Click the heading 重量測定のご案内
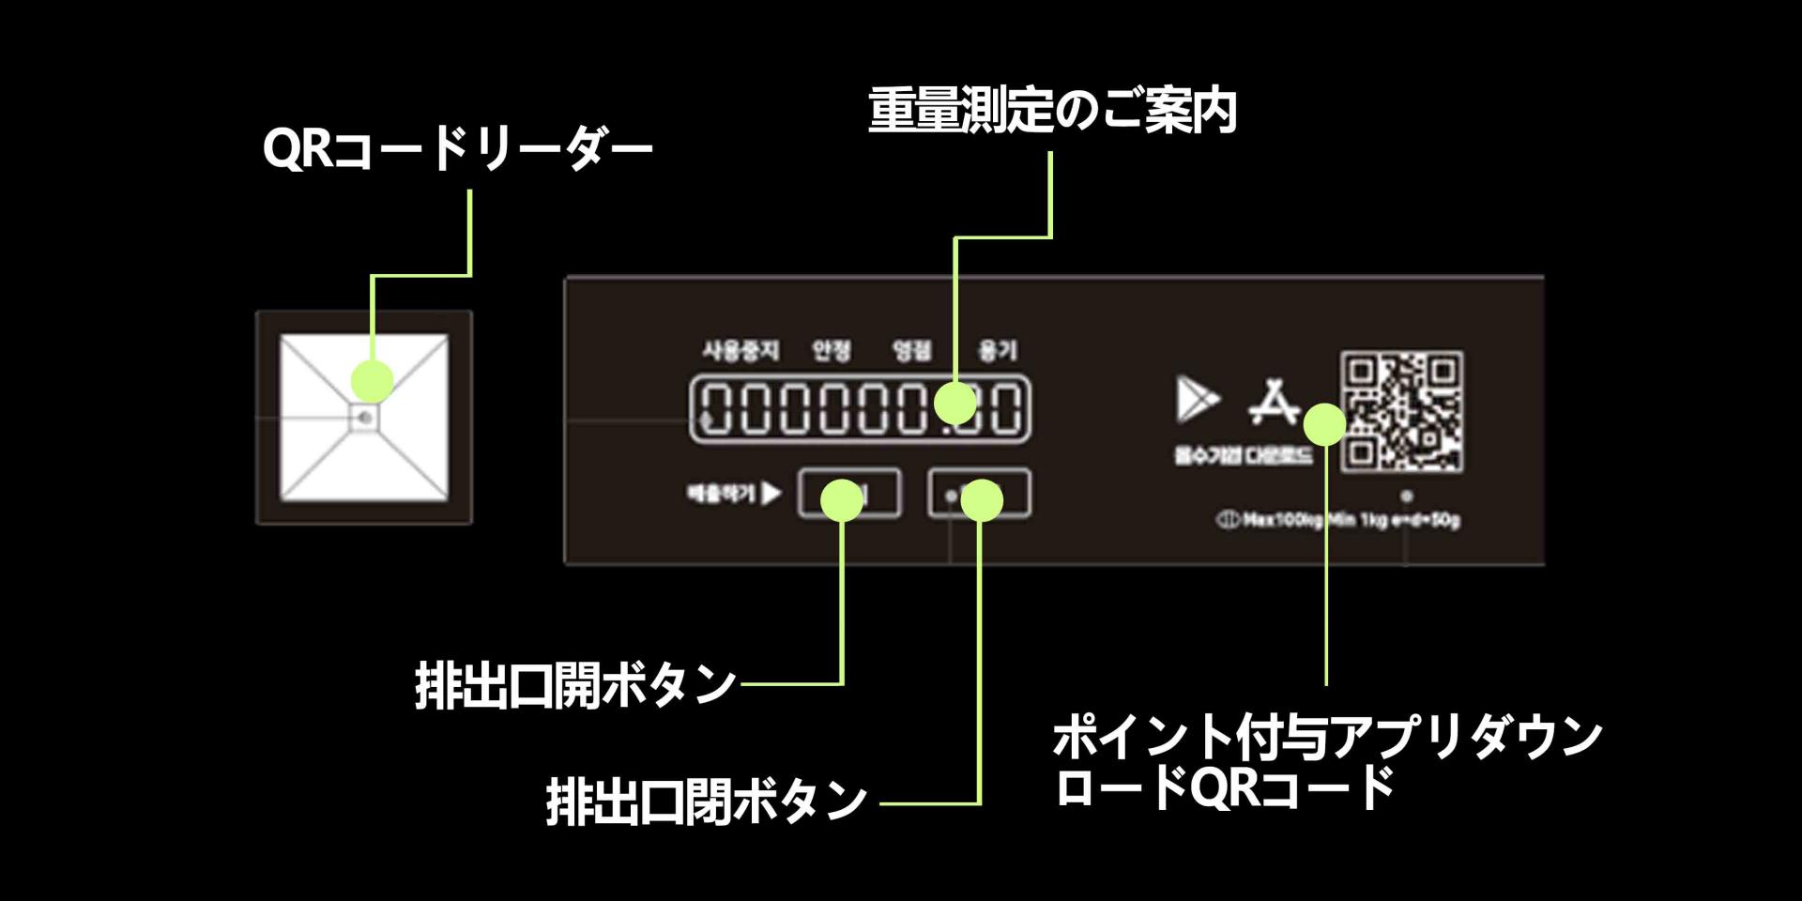1051,111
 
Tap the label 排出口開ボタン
574,684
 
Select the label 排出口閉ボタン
706,802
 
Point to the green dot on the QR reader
373,381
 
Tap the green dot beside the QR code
1324,424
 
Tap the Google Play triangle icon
1196,399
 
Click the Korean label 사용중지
741,351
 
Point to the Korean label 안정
832,351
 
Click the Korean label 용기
998,351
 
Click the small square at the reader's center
364,418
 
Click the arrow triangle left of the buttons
771,493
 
